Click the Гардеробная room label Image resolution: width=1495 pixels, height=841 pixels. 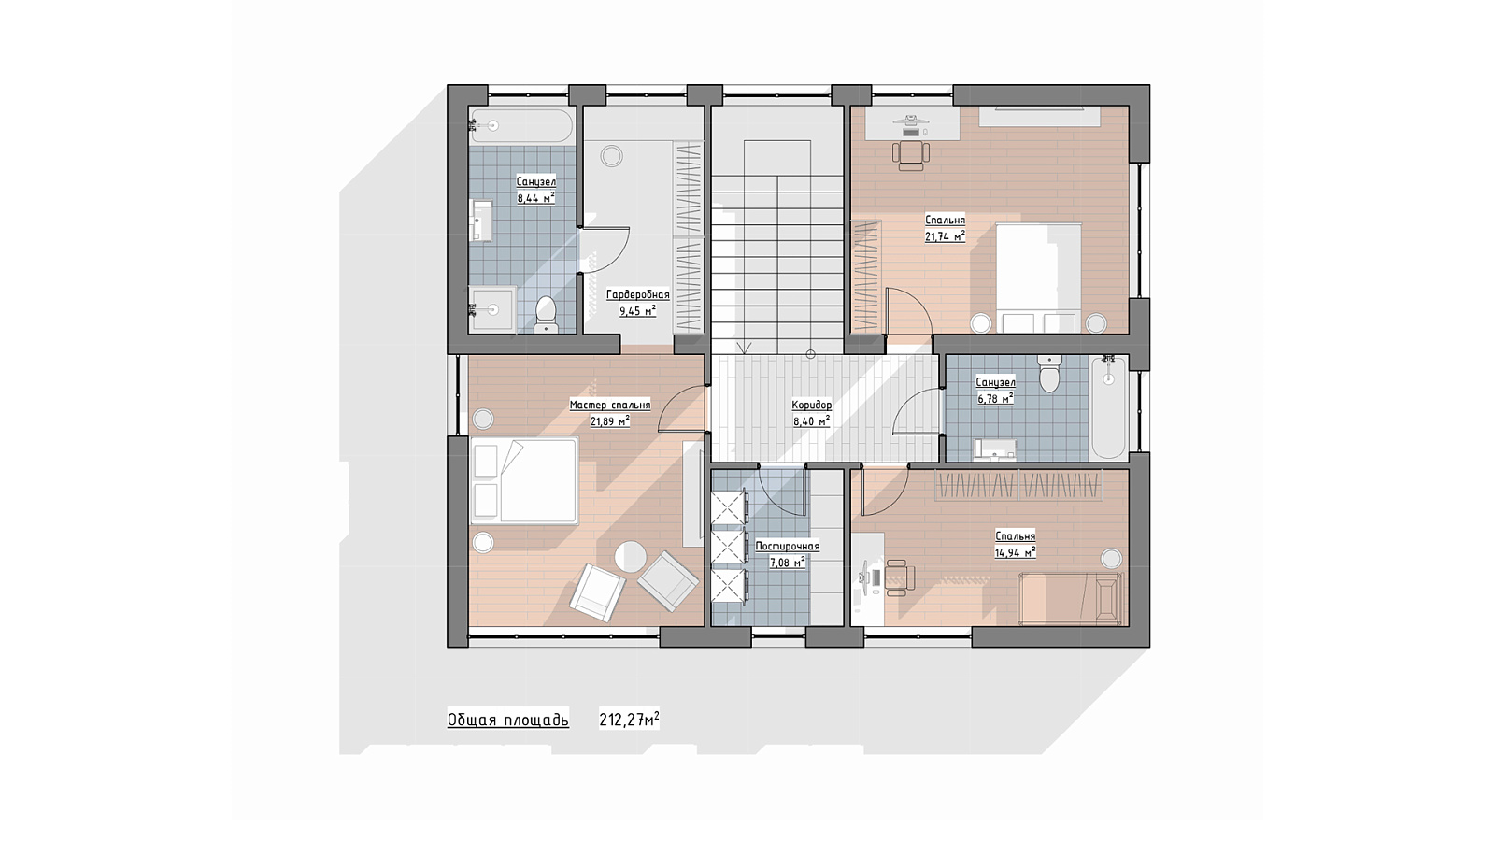pyautogui.click(x=637, y=295)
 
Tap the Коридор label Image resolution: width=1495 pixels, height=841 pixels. pyautogui.click(x=812, y=406)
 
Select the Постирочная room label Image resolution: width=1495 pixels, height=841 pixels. pyautogui.click(x=788, y=547)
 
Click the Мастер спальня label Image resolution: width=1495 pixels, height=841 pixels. pyautogui.click(x=609, y=406)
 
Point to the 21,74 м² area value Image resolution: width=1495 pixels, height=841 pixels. pyautogui.click(x=945, y=236)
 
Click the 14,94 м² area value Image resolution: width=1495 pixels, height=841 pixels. pyautogui.click(x=1015, y=552)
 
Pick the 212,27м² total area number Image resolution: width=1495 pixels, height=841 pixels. pyautogui.click(x=630, y=720)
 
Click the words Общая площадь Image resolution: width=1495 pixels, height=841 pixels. pyautogui.click(x=508, y=720)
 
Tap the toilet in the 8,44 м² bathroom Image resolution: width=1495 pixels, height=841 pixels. pyautogui.click(x=546, y=314)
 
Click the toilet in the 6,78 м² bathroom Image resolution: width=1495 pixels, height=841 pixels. pyautogui.click(x=1050, y=373)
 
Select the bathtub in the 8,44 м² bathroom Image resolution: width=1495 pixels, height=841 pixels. pyautogui.click(x=520, y=125)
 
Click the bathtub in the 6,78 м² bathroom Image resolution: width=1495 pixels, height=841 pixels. pyautogui.click(x=1108, y=407)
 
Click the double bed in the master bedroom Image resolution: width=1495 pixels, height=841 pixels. pyautogui.click(x=524, y=480)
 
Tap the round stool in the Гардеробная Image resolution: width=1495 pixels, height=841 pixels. pyautogui.click(x=611, y=156)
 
